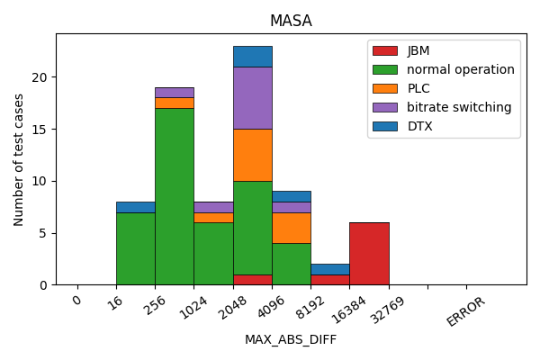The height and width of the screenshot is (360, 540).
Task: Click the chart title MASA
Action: (291, 21)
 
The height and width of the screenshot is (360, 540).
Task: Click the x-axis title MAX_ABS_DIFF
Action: (291, 339)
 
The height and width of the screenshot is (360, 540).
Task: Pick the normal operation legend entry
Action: (460, 69)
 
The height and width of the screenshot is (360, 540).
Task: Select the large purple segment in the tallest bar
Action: (252, 97)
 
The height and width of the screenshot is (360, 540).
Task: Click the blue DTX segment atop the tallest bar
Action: (252, 56)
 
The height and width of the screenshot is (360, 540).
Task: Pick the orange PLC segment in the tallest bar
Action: (252, 155)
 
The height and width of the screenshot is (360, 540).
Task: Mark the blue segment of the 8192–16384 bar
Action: (330, 269)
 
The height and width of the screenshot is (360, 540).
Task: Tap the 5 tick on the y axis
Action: (47, 233)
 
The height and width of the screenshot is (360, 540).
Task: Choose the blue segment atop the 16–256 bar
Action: (135, 207)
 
